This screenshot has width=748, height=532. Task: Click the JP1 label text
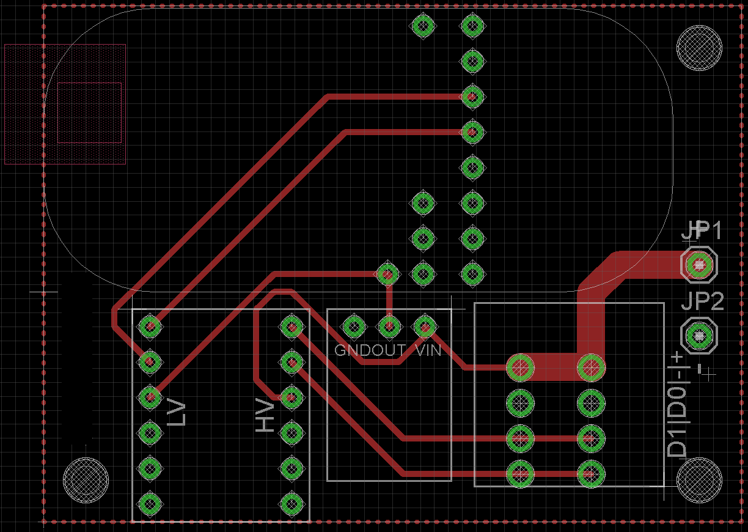(702, 231)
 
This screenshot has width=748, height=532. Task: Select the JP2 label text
(702, 301)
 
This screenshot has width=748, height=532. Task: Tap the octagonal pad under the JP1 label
(698, 265)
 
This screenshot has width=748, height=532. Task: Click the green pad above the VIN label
(424, 327)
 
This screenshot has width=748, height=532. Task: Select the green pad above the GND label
(353, 327)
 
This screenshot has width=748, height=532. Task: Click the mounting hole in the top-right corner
(700, 49)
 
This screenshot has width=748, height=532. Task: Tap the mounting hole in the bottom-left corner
(86, 480)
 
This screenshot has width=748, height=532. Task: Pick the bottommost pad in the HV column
(291, 504)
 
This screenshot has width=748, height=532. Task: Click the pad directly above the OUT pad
(387, 273)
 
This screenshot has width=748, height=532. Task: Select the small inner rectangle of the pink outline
(89, 113)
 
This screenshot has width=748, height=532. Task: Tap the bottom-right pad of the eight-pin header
(591, 473)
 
